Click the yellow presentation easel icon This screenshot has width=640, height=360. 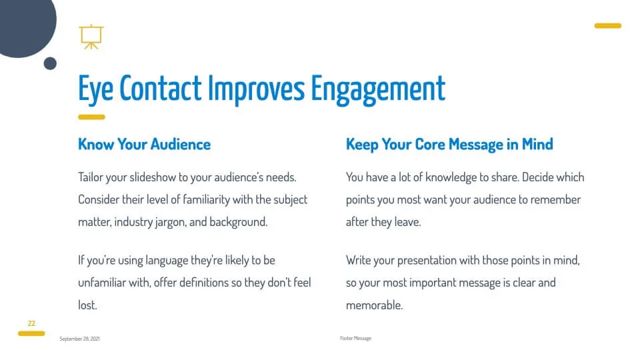[91, 37]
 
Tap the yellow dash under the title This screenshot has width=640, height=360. [91, 117]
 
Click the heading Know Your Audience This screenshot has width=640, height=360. [144, 144]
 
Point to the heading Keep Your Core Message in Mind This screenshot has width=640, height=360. [449, 145]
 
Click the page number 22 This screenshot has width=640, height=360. [31, 323]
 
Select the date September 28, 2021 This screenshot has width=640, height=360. [79, 339]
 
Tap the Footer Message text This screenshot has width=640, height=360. [355, 339]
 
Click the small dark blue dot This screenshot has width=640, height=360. [50, 64]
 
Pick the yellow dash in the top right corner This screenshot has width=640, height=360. [608, 26]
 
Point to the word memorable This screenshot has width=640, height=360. [374, 305]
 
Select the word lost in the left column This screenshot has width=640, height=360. [87, 305]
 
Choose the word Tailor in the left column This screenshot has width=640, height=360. [90, 177]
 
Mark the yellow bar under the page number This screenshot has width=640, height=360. [31, 333]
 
